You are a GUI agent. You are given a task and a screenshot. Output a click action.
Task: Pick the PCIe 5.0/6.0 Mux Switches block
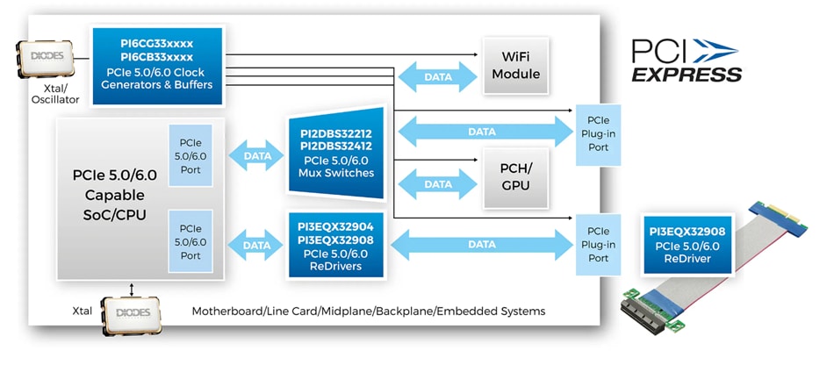pyautogui.click(x=337, y=153)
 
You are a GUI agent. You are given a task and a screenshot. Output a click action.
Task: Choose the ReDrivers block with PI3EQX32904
pyautogui.click(x=337, y=246)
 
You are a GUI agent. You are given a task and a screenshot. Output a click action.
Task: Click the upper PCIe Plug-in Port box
pyautogui.click(x=599, y=132)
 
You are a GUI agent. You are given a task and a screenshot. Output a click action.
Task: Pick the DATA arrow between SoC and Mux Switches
pyautogui.click(x=257, y=156)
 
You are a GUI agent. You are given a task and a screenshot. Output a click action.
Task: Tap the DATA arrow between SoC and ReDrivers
pyautogui.click(x=257, y=246)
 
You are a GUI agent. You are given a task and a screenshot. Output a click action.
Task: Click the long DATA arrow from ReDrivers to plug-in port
pyautogui.click(x=482, y=244)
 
